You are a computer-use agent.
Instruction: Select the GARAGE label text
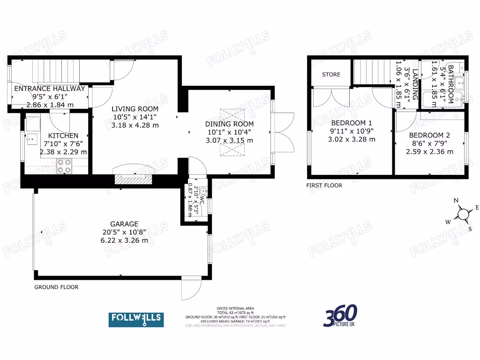[x=124, y=224]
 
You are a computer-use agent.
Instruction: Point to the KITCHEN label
[x=63, y=136]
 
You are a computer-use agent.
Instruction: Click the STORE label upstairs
[x=331, y=75]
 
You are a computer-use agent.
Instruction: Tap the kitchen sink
[x=31, y=138]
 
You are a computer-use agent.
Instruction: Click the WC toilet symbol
[x=204, y=191]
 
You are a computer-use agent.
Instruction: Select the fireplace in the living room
[x=134, y=179]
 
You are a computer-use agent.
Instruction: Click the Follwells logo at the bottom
[x=136, y=319]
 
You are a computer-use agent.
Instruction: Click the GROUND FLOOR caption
[x=56, y=287]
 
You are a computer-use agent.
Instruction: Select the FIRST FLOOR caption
[x=324, y=186]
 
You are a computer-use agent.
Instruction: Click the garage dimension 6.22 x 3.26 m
[x=124, y=240]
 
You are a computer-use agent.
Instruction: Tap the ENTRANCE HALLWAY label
[x=50, y=88]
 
